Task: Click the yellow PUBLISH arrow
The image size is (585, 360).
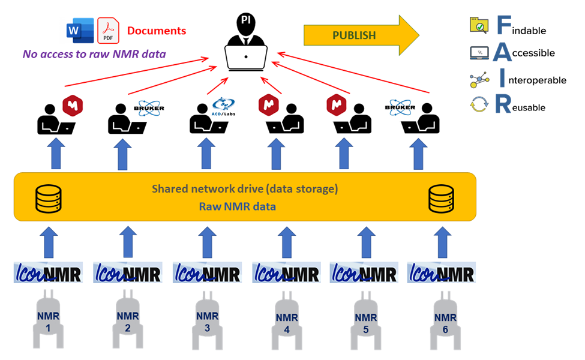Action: coord(361,35)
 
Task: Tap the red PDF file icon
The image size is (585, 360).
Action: coord(108,31)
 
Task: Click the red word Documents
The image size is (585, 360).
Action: coord(157,31)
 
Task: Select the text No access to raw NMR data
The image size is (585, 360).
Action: coord(94,54)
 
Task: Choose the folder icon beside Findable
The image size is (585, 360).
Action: coord(479,25)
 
